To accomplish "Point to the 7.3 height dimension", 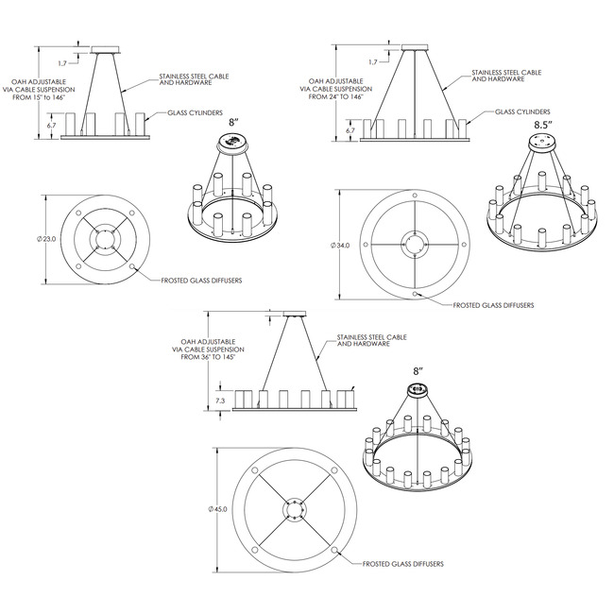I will pyautogui.click(x=219, y=401).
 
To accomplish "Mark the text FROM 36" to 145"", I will pyautogui.click(x=203, y=358).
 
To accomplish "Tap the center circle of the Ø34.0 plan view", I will pyautogui.click(x=415, y=243).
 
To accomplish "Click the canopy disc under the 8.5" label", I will pyautogui.click(x=542, y=144).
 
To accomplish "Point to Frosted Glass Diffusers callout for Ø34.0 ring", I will pyautogui.click(x=493, y=305).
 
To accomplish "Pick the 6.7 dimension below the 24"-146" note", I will pyautogui.click(x=350, y=130).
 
